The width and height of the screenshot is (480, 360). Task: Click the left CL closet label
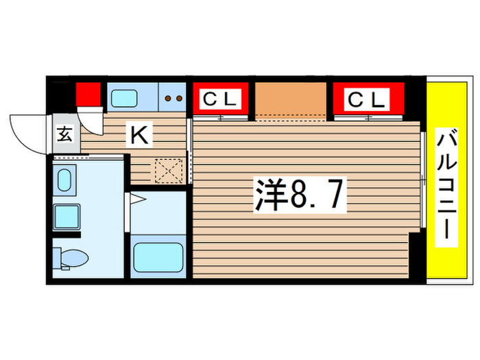pyautogui.click(x=221, y=99)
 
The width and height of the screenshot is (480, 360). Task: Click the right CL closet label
pyautogui.click(x=367, y=99)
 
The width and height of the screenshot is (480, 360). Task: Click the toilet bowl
pyautogui.click(x=74, y=259)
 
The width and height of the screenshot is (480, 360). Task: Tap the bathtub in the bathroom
pyautogui.click(x=158, y=257)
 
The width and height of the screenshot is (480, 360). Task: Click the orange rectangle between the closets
pyautogui.click(x=290, y=99)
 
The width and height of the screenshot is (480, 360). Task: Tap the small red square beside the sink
pyautogui.click(x=87, y=94)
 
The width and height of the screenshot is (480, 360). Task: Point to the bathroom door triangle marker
pyautogui.click(x=136, y=200)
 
